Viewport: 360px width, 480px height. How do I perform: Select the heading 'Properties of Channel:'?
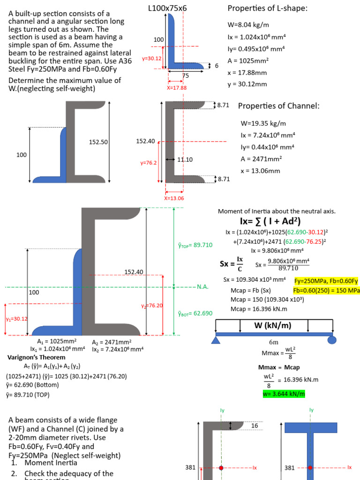278,106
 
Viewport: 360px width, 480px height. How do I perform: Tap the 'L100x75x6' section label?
167,8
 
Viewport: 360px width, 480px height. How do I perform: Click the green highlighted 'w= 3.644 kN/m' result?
284,394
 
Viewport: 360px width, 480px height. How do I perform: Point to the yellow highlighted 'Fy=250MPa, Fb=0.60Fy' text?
326,281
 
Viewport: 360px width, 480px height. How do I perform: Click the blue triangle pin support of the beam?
216,339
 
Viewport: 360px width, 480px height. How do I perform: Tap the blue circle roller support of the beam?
331,339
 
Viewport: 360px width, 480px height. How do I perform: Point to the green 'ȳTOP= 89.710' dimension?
195,245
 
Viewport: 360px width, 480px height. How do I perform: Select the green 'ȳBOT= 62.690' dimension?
195,313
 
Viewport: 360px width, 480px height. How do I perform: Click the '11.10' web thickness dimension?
184,160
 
